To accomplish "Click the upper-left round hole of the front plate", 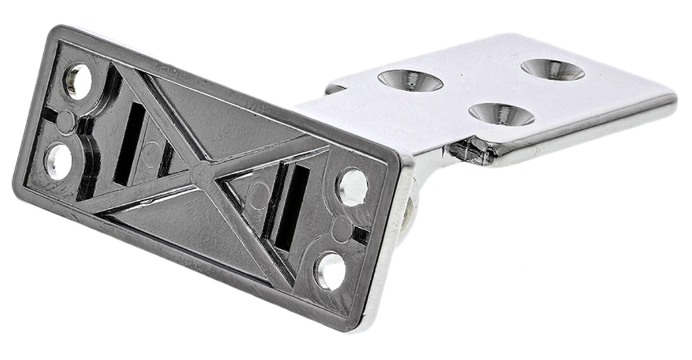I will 77,81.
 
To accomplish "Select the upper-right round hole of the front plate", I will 352,187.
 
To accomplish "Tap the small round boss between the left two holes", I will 66,122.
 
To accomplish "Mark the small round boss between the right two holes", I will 341,229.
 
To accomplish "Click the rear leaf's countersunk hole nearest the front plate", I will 410,80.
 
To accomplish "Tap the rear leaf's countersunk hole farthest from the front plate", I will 552,69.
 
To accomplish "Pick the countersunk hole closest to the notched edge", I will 501,114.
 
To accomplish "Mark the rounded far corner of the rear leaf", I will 669,98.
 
